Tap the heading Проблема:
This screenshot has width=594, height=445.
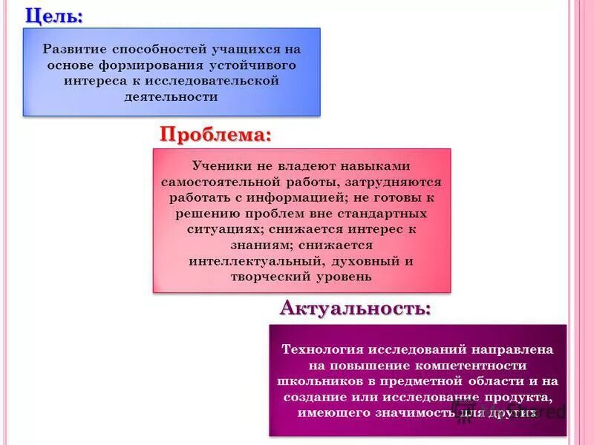pyautogui.click(x=215, y=135)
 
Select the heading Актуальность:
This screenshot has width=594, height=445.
pyautogui.click(x=355, y=307)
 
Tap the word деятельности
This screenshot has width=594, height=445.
pyautogui.click(x=172, y=96)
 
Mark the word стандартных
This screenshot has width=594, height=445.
pyautogui.click(x=386, y=214)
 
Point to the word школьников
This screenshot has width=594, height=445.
pyautogui.click(x=313, y=380)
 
